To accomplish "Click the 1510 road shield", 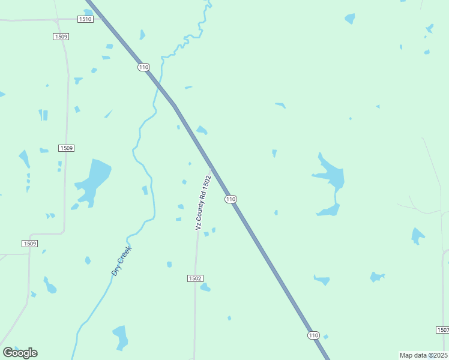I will point(85,19).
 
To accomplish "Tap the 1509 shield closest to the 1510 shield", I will point(61,37).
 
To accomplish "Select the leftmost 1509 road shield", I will point(29,244).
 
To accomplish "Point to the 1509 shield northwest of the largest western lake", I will point(66,148).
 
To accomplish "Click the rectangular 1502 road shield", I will point(195,278).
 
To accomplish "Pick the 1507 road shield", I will point(442,330).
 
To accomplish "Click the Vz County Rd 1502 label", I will point(203,203).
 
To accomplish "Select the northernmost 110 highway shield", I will point(143,67).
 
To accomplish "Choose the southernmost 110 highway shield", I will point(313,335).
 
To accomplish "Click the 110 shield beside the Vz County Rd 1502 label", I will point(231,199).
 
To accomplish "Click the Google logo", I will point(20,353).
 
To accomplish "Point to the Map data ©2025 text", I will point(424,355).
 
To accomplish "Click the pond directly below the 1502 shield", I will point(205,288).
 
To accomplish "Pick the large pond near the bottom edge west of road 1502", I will point(121,336).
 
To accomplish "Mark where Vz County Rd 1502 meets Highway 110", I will point(211,169).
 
